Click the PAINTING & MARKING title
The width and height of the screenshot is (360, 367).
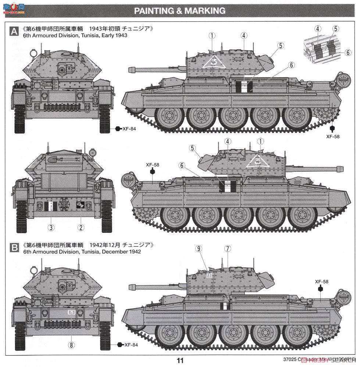pos(179,11)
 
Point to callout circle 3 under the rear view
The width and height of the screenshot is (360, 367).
pos(51,228)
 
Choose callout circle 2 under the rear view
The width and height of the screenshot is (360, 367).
pos(81,228)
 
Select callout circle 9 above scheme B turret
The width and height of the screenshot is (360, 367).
pos(199,249)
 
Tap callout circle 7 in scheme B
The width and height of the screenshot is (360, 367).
pos(228,249)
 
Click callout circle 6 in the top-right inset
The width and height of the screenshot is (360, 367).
pos(347,53)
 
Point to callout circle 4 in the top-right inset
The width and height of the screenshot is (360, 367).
pos(318,29)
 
